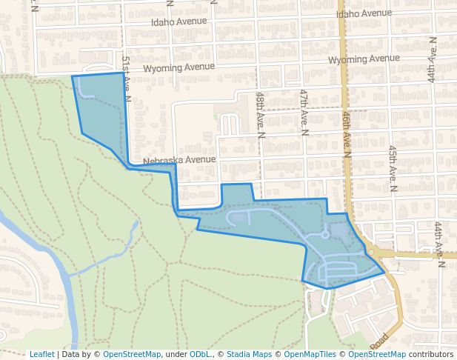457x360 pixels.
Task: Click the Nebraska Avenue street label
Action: (179, 160)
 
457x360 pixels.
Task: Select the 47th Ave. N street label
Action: (304, 113)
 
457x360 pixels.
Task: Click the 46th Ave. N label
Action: (347, 136)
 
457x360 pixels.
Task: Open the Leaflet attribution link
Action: (41, 355)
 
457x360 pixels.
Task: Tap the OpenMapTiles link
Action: (307, 355)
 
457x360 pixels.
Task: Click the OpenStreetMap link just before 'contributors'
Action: (376, 355)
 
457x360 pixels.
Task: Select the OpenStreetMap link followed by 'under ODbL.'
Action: (132, 355)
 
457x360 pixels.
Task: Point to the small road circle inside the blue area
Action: (325, 235)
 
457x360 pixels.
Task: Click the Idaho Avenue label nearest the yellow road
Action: (364, 13)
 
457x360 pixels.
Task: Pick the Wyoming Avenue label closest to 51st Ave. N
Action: (179, 67)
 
